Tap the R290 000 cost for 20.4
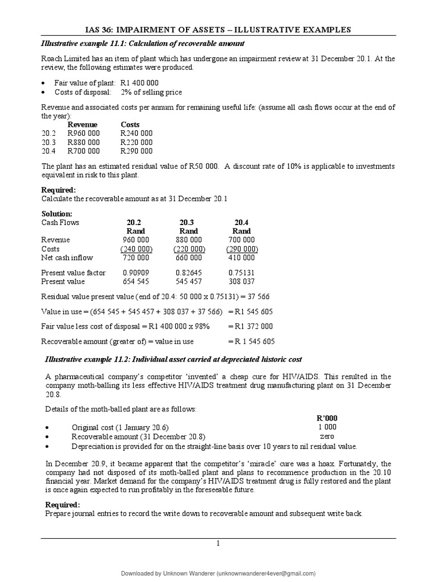(137, 151)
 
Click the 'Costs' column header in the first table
(130, 124)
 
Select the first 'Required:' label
(58, 190)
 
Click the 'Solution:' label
(57, 214)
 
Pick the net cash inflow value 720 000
(135, 258)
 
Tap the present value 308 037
(241, 281)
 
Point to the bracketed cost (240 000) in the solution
(135, 249)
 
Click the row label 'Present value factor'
(73, 273)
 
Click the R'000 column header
(327, 418)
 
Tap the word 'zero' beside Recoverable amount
(327, 436)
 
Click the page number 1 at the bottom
(218, 544)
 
